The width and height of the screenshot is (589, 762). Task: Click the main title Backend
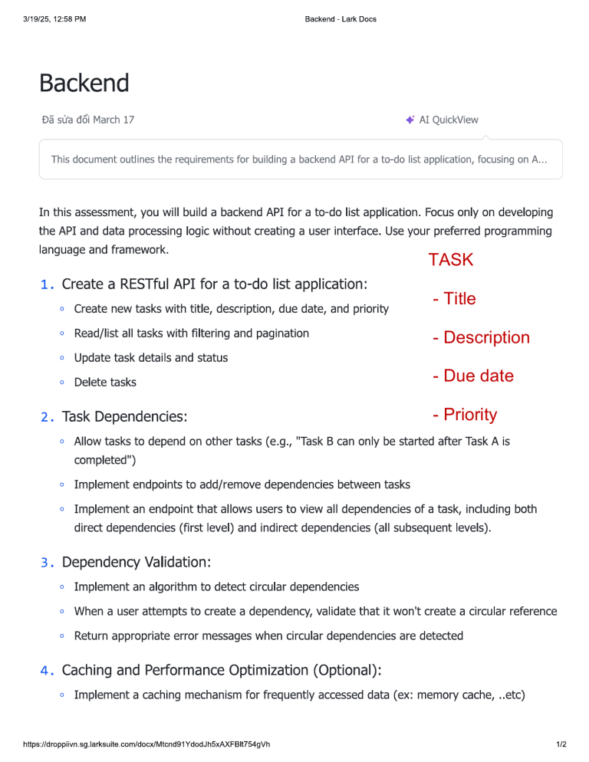[84, 83]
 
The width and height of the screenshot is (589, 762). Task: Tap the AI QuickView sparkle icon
[410, 120]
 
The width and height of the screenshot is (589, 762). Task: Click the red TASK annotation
[451, 260]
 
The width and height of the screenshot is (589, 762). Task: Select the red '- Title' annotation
[454, 299]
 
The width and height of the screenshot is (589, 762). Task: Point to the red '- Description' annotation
[481, 337]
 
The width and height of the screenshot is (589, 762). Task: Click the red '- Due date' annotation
[472, 376]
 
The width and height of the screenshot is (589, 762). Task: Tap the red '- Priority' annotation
[465, 415]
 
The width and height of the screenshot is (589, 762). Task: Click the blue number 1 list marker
[46, 284]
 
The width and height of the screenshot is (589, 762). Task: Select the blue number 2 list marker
[46, 417]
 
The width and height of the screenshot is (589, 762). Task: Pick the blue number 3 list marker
[46, 563]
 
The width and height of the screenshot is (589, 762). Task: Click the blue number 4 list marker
[46, 671]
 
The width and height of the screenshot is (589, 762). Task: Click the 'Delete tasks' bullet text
[105, 382]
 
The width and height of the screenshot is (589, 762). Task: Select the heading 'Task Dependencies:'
[124, 417]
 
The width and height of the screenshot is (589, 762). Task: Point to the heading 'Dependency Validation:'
[136, 563]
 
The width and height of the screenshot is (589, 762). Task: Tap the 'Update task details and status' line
[150, 357]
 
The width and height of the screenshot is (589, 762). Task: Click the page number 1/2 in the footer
[561, 744]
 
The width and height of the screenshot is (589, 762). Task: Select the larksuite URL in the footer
[146, 744]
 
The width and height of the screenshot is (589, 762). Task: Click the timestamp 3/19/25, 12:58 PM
[54, 18]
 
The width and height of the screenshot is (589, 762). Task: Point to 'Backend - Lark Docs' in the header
[341, 18]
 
